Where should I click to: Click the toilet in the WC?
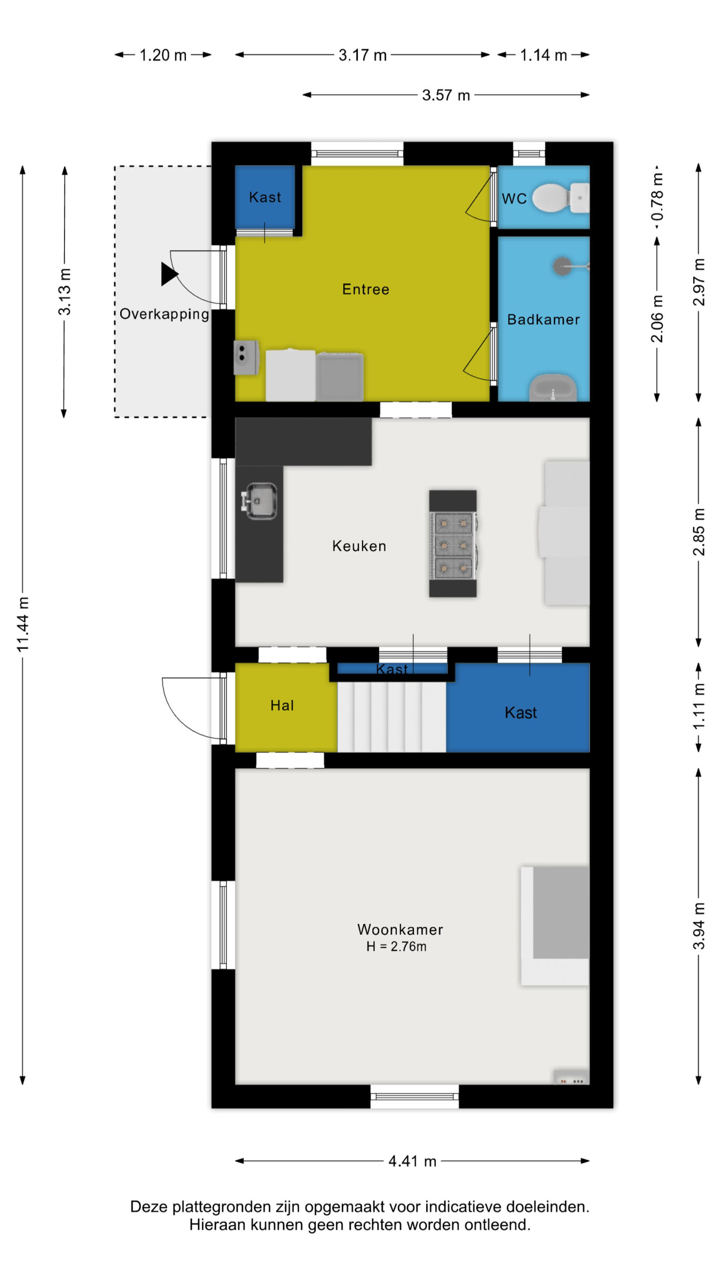click(561, 198)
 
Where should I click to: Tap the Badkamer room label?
click(543, 319)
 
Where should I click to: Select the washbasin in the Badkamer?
click(553, 388)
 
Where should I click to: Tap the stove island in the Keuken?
click(453, 543)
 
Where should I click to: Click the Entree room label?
click(366, 290)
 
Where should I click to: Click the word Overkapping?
click(164, 314)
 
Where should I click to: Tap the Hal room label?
click(282, 706)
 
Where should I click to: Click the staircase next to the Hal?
click(391, 717)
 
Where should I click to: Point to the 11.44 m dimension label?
click(22, 624)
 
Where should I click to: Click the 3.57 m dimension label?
click(446, 95)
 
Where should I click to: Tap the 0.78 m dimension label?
click(657, 197)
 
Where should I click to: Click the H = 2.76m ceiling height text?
click(396, 947)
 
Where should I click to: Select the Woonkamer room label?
click(400, 929)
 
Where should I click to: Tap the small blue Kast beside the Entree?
click(265, 197)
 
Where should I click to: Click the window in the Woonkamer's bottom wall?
click(414, 1097)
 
